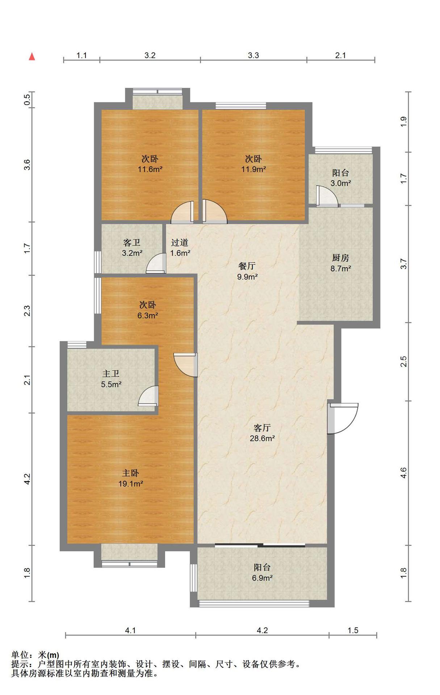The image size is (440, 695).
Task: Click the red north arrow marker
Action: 32,56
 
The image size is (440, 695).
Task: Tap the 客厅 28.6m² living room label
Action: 262,433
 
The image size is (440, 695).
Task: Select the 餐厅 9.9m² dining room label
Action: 247,271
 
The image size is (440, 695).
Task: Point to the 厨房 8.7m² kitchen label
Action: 341,263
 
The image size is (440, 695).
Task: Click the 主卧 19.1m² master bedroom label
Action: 130,478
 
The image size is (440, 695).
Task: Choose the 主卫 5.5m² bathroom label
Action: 111,379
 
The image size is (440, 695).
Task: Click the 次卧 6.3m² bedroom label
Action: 147,310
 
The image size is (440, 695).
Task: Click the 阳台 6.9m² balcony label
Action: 262,573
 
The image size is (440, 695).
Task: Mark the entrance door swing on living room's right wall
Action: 343,418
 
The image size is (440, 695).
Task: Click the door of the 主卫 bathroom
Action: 149,396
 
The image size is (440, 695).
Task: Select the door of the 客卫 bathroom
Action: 156,263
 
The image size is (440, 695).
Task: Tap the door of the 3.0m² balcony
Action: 327,196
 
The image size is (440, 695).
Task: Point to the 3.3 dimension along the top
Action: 253,55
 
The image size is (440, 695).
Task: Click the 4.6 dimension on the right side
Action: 404,473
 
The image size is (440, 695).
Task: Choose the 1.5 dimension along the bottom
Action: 353,630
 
